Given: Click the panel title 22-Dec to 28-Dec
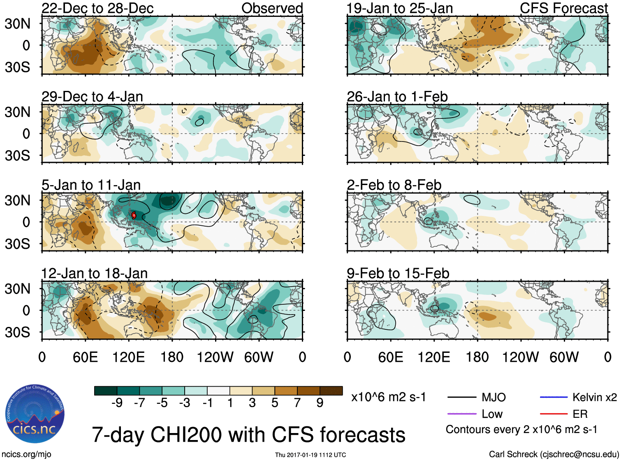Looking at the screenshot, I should [x=97, y=8].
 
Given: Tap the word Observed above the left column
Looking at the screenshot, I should [x=272, y=8].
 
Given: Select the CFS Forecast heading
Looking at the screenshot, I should [x=563, y=8].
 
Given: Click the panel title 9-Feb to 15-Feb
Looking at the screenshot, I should [x=398, y=273].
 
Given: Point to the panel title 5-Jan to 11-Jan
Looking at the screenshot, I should [x=91, y=185].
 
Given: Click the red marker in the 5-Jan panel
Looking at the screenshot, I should [x=134, y=215].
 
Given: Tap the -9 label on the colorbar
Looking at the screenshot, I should [x=117, y=403].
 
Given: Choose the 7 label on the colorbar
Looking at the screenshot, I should [x=297, y=403].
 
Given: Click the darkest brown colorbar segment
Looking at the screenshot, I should [x=331, y=391].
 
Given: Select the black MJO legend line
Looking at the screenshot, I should [x=461, y=397].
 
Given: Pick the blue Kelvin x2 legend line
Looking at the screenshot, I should [x=554, y=397].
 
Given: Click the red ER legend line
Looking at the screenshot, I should [x=554, y=414].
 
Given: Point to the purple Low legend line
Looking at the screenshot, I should [x=461, y=414].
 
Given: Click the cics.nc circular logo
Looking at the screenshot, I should [x=35, y=414].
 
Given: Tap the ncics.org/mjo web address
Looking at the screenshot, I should [x=26, y=454].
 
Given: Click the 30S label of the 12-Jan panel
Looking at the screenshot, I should [x=17, y=332].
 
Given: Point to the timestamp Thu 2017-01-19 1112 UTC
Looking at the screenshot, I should [x=310, y=455].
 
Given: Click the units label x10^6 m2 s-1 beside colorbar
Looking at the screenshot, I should [x=388, y=397].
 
